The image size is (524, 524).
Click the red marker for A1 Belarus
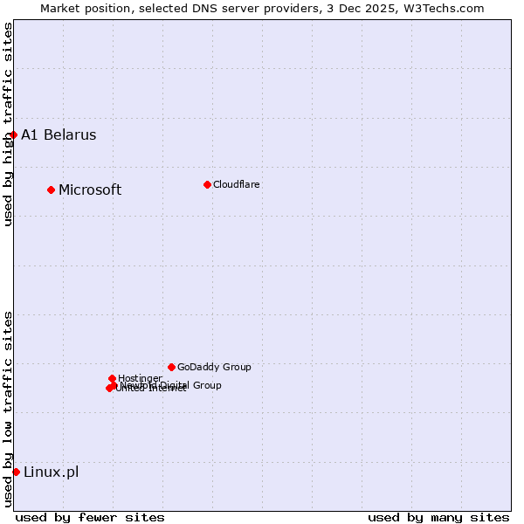(14, 134)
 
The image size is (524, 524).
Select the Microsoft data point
(52, 190)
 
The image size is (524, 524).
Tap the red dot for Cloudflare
(207, 184)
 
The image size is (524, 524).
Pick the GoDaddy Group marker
(171, 367)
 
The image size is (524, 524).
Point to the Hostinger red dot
(112, 378)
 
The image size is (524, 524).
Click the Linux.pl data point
(16, 472)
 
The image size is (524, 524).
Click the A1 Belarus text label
(59, 134)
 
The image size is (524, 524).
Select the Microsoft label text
(90, 190)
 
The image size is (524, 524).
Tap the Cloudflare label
(237, 184)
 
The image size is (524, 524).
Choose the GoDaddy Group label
(214, 367)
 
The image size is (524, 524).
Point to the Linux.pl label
(51, 472)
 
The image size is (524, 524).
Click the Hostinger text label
(141, 378)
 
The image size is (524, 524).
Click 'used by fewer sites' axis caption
(90, 517)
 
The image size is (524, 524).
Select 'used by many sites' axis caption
(438, 517)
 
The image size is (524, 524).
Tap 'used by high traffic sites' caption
(8, 125)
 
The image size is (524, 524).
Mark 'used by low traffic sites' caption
(8, 409)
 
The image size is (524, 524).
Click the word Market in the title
(64, 8)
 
